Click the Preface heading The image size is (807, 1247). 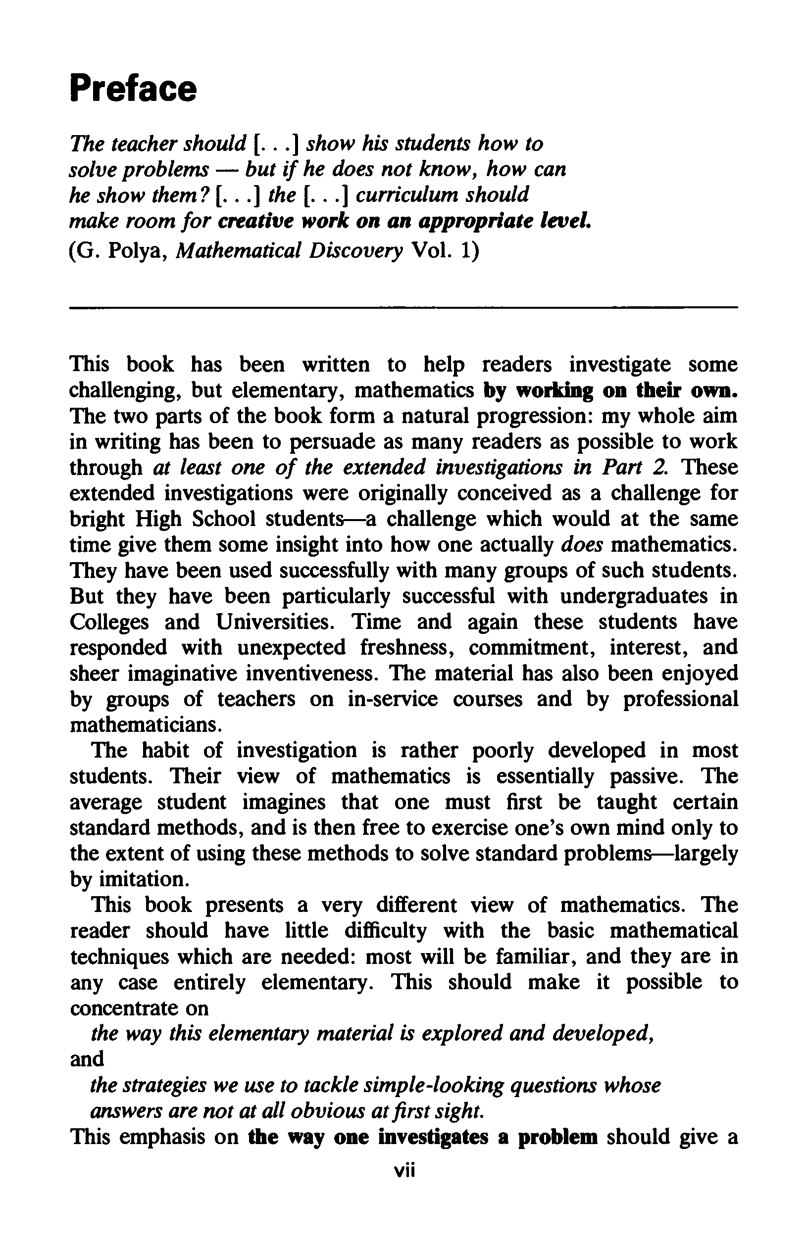[133, 89]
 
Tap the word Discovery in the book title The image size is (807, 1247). [355, 251]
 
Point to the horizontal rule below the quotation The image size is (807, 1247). [403, 308]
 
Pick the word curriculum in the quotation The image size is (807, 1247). [407, 195]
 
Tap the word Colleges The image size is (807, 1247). [109, 622]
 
